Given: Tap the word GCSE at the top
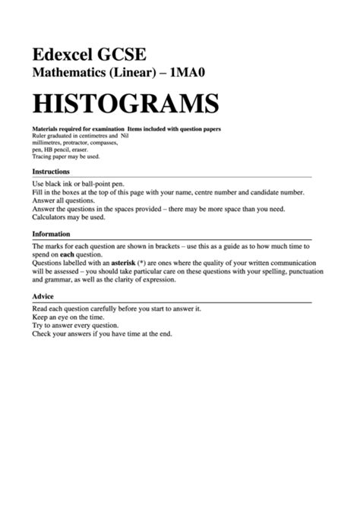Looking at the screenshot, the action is coord(122,55).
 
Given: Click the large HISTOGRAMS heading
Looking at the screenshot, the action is coord(125,103).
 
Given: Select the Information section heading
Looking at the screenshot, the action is coord(51,234).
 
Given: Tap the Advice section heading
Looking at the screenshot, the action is coord(43,296).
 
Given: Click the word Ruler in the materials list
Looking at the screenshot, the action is coord(40,136).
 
